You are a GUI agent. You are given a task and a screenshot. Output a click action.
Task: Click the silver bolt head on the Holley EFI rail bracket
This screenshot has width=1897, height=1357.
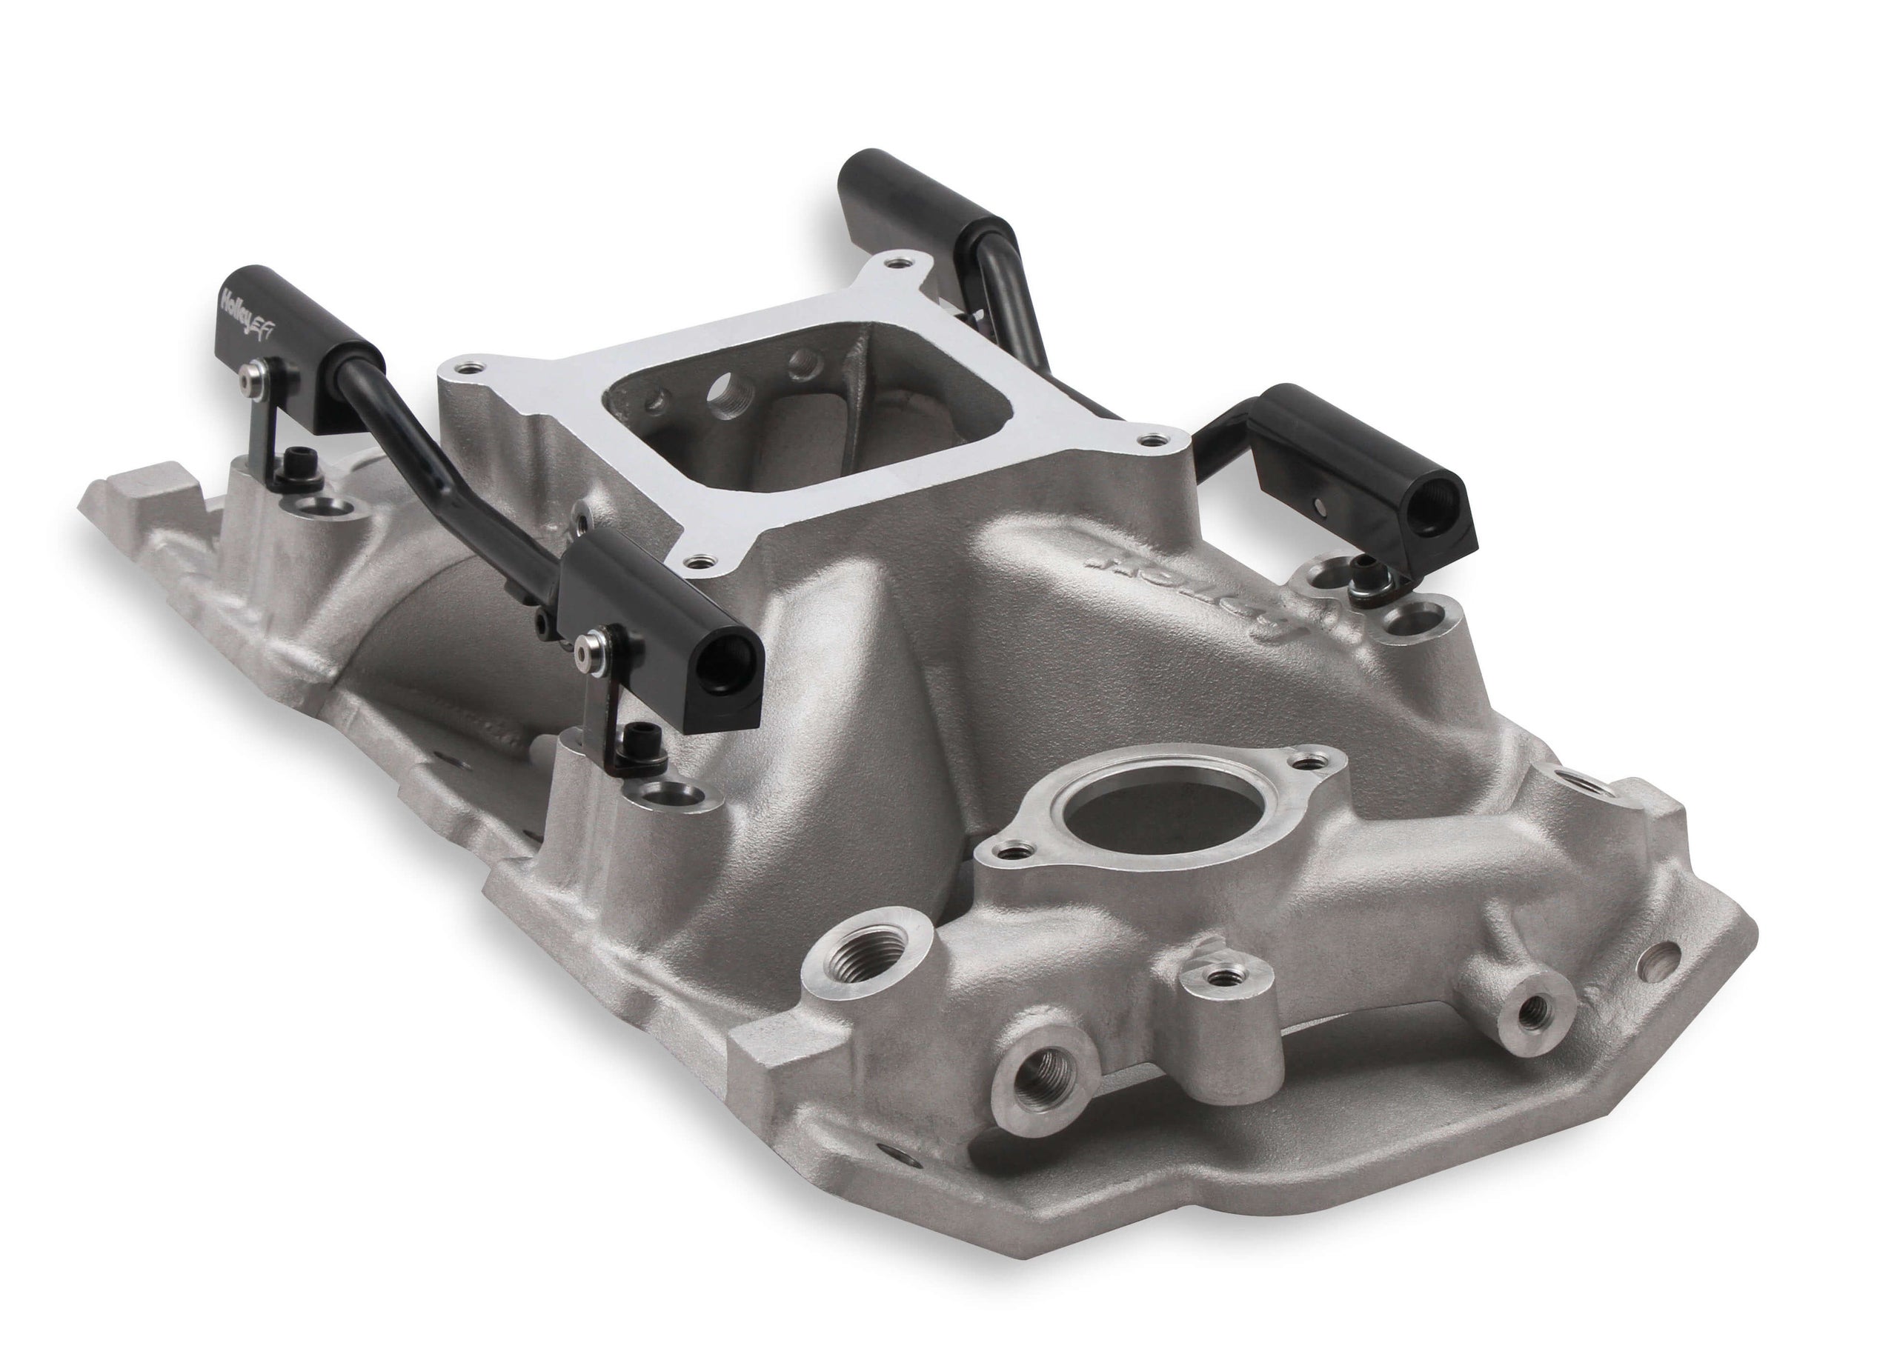(x=247, y=380)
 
